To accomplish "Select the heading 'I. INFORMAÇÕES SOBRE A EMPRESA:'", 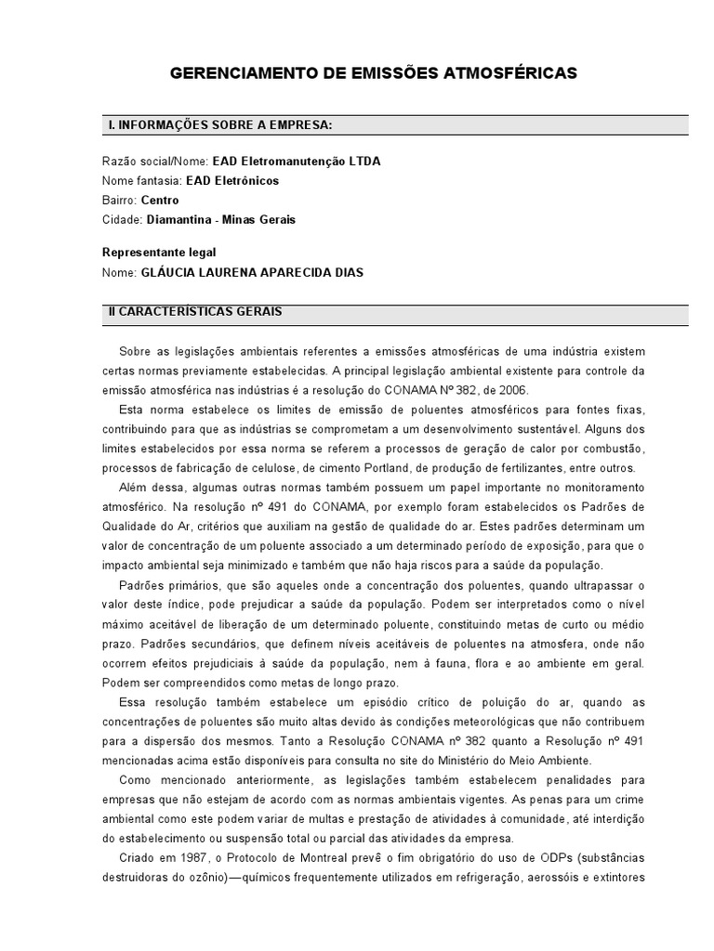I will (x=220, y=124).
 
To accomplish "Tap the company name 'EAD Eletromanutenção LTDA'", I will (x=296, y=161).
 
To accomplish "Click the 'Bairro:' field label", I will (x=120, y=200).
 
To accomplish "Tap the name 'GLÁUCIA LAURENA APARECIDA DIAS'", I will (x=252, y=272).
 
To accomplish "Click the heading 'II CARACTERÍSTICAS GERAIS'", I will (x=196, y=312).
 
